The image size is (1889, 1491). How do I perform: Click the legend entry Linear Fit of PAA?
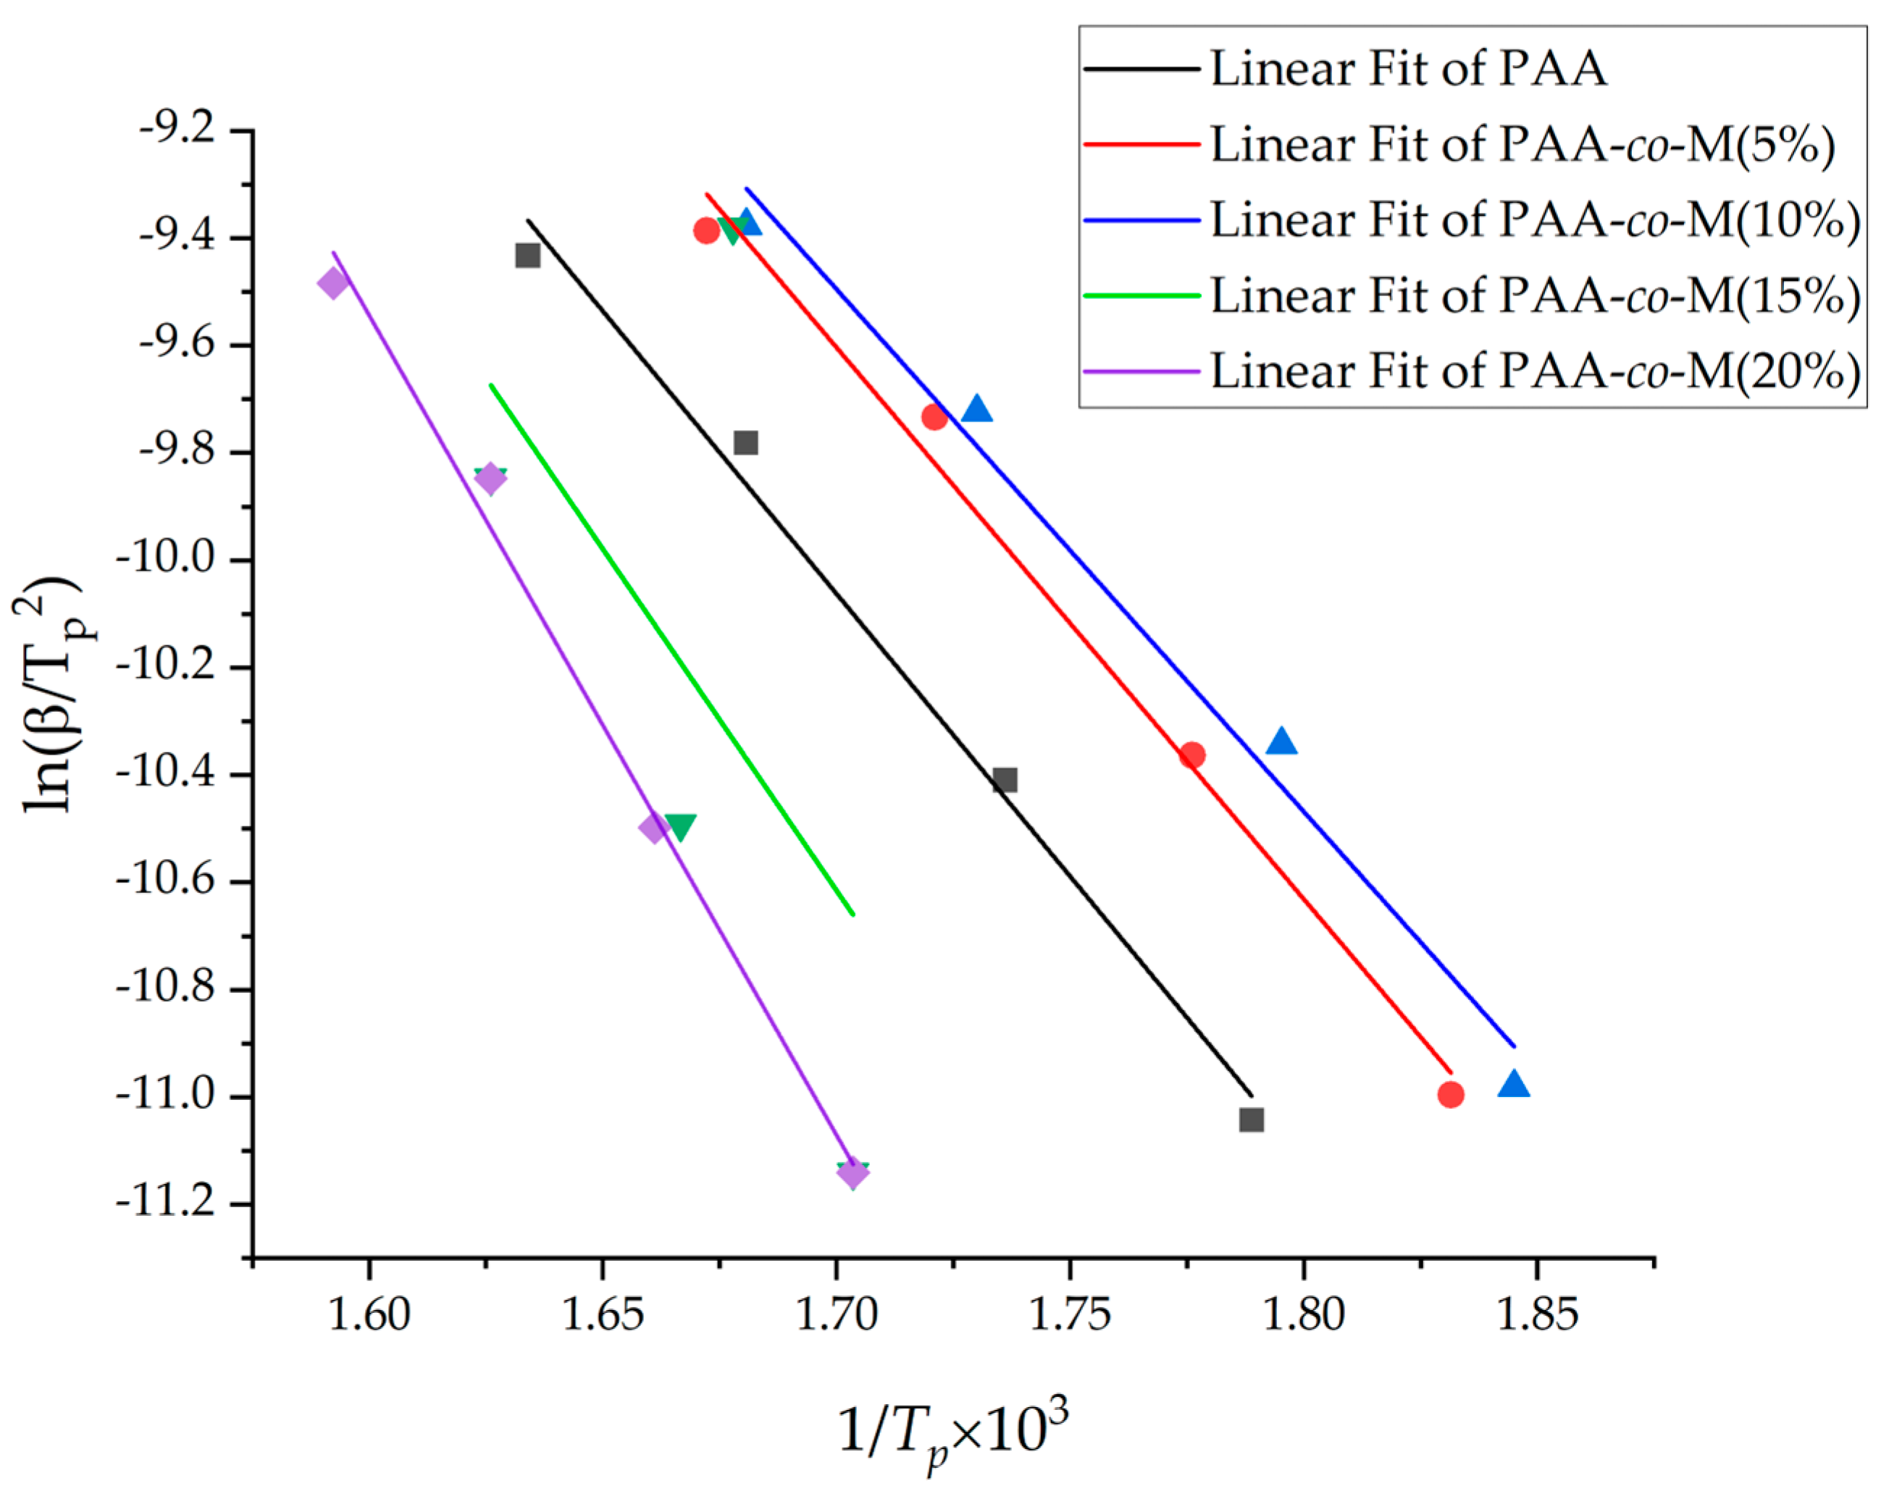pyautogui.click(x=1407, y=68)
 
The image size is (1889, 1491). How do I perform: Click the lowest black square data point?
pyautogui.click(x=1251, y=1119)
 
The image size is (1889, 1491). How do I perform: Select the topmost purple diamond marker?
pyautogui.click(x=333, y=283)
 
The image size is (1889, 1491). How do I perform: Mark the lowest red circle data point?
pyautogui.click(x=1450, y=1093)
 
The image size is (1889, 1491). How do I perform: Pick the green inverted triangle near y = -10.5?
pyautogui.click(x=680, y=826)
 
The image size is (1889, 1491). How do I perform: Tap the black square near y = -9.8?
pyautogui.click(x=745, y=442)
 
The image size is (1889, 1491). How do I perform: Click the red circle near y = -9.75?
pyautogui.click(x=934, y=417)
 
